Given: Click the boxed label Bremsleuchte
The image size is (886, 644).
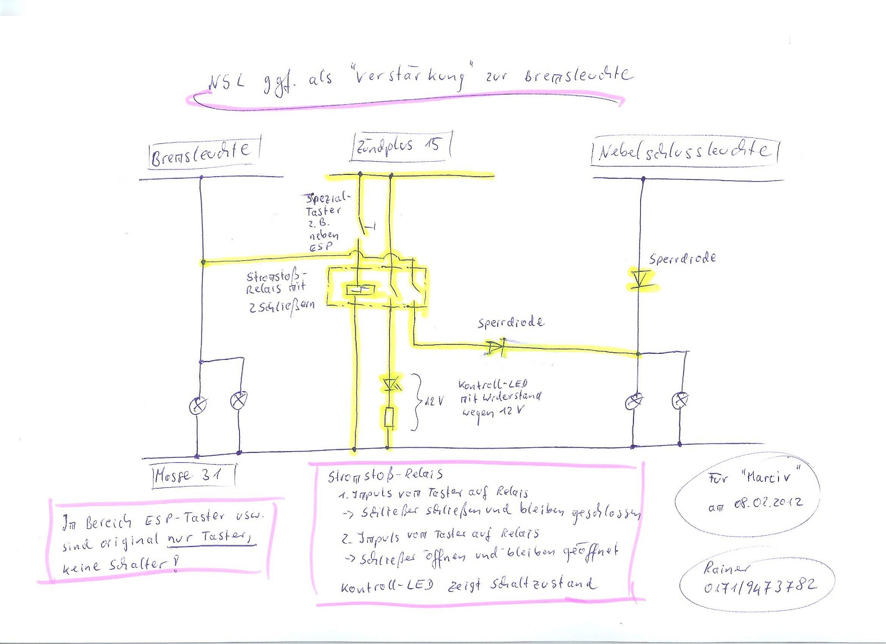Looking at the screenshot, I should [x=203, y=152].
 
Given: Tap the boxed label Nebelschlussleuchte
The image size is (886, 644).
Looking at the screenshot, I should [x=684, y=151].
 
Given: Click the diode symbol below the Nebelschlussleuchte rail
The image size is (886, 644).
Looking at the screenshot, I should [x=641, y=279].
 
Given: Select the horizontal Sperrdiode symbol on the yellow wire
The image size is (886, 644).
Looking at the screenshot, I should [x=496, y=347].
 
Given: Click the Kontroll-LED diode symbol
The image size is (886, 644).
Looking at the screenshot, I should [x=390, y=383].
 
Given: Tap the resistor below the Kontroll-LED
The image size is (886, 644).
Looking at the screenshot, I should [x=389, y=417].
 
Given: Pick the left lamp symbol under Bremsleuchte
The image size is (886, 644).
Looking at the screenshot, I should [x=198, y=405].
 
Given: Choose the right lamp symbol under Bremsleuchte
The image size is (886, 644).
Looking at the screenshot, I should [x=239, y=400].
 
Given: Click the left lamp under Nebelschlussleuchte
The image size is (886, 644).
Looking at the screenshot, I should [x=634, y=401].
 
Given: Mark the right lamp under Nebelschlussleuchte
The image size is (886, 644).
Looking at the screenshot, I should [x=680, y=400].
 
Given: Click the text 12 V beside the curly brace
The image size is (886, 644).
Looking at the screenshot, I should [x=434, y=401].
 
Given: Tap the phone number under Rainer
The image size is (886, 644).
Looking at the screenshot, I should [x=760, y=586].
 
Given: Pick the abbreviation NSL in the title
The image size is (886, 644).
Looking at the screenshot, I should [x=225, y=83].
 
